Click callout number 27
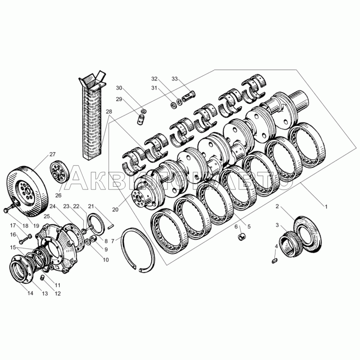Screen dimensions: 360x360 pos(52,154)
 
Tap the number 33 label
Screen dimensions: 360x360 pos(175,79)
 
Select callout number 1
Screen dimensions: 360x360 pos(325,207)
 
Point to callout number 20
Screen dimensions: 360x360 pos(116,209)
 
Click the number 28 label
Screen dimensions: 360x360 pos(109,112)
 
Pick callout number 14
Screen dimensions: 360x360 pos(30,293)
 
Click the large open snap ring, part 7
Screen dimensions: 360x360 pos(137,249)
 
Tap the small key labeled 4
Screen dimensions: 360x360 pos(274,261)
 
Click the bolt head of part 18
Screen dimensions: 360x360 pos(6,210)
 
